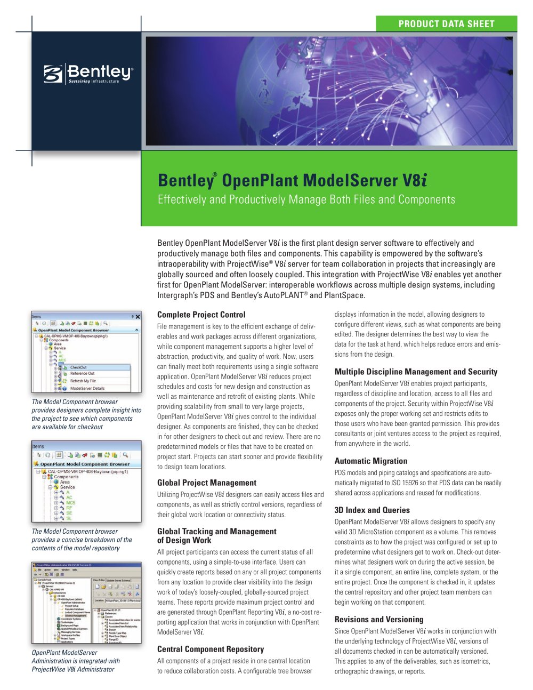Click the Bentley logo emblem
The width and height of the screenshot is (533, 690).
click(53, 74)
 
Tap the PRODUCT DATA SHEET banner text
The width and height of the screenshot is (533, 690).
click(446, 24)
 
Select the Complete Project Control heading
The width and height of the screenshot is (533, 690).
click(201, 315)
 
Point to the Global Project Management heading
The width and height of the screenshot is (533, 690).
click(206, 483)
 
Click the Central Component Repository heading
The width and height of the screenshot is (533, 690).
click(211, 649)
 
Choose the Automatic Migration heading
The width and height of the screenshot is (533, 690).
click(370, 461)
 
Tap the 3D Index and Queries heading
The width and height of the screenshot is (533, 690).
click(372, 510)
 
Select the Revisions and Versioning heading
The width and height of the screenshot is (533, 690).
click(378, 619)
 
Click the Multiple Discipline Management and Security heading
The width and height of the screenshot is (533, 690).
click(416, 372)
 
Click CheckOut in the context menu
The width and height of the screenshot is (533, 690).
click(78, 367)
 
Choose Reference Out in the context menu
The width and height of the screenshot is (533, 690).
click(82, 373)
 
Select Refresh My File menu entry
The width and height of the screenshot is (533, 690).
click(83, 381)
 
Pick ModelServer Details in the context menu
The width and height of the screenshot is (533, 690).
click(87, 388)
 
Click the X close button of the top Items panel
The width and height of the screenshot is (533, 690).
click(138, 317)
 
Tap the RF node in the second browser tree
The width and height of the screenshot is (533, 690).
click(69, 508)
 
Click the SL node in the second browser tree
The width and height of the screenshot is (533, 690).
click(69, 518)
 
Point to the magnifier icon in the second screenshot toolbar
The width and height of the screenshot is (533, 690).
click(125, 455)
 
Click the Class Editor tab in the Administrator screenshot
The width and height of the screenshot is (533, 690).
click(99, 580)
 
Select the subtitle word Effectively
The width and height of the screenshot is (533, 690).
click(181, 199)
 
